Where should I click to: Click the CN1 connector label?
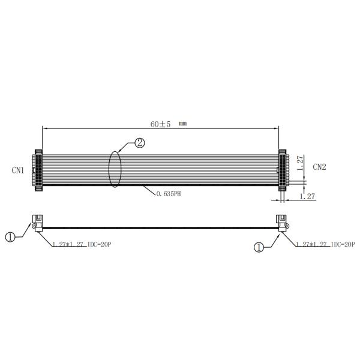(18, 170)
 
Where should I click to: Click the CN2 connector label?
(319, 167)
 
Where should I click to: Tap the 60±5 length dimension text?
(160, 124)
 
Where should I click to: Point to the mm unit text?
(183, 124)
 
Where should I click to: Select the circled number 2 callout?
(140, 143)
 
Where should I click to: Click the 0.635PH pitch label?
(169, 194)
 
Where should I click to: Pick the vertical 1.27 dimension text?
(300, 163)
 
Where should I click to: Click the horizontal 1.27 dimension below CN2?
(307, 196)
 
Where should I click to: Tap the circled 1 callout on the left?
(10, 237)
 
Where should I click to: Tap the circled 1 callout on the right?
(259, 247)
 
